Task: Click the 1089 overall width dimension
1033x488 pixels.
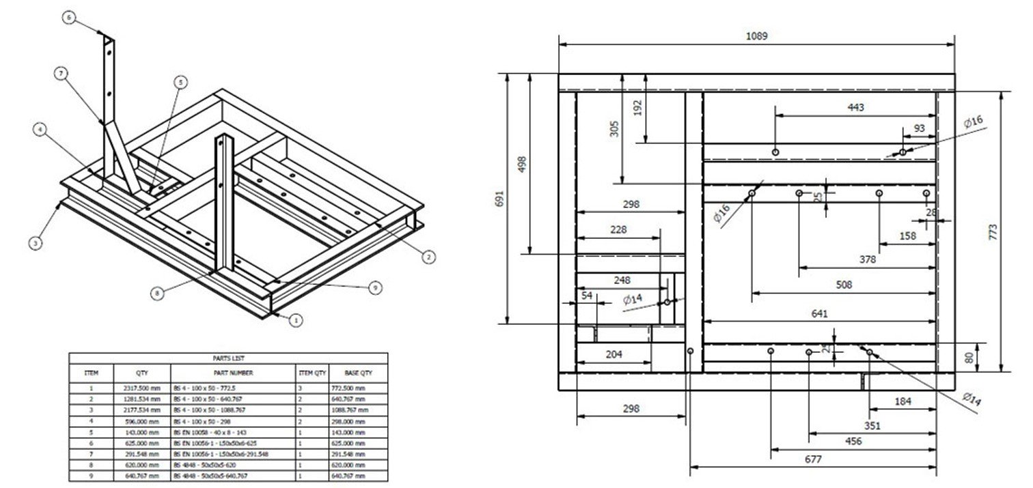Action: click(x=756, y=36)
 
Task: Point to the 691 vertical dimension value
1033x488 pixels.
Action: click(x=499, y=199)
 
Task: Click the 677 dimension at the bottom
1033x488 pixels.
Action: click(x=812, y=459)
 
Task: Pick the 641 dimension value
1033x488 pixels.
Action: click(x=820, y=313)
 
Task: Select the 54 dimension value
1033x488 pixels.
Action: click(x=586, y=295)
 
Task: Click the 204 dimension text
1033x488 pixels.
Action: click(x=614, y=354)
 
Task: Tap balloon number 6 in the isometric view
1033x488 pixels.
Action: click(x=68, y=18)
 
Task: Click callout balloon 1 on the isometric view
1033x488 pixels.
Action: click(x=295, y=319)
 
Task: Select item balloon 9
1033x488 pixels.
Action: click(x=374, y=288)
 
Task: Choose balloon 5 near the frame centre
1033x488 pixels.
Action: click(x=180, y=83)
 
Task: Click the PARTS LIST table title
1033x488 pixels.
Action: click(x=228, y=358)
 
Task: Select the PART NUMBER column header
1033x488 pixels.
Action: click(x=233, y=373)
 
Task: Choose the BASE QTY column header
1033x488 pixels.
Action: click(x=357, y=373)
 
